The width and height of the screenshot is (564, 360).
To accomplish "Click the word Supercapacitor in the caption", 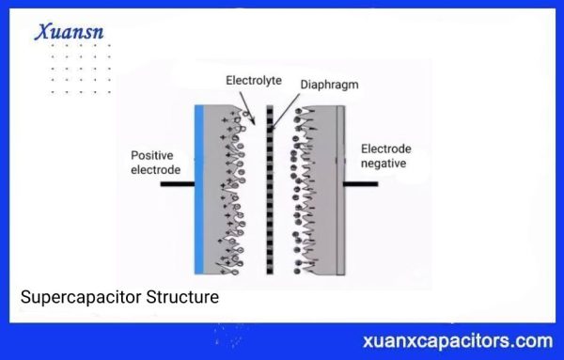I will [80, 298].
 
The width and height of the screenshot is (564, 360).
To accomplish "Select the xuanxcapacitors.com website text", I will [457, 339].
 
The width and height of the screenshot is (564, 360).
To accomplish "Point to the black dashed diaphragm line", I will [270, 188].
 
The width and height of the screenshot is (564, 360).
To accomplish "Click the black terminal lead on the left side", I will [175, 183].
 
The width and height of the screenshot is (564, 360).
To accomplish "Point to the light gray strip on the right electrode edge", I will [340, 188].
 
